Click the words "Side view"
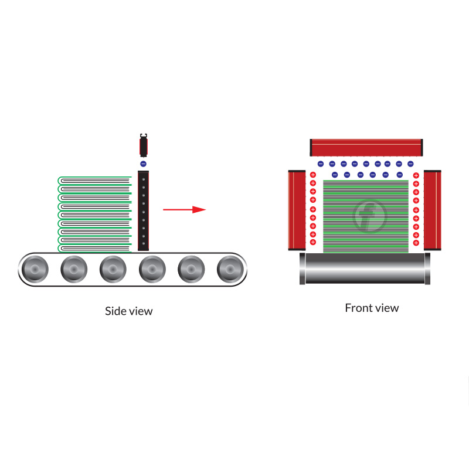[128, 311]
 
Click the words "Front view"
[372, 308]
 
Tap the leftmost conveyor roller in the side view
[34, 270]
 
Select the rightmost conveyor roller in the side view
[230, 270]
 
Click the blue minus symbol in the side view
[143, 164]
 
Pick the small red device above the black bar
[143, 145]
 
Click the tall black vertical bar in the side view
[143, 210]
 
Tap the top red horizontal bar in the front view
[366, 147]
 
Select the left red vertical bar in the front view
[297, 210]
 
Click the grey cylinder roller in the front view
[365, 269]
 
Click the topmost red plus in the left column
[312, 175]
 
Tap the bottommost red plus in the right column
[416, 243]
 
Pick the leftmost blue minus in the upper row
[320, 164]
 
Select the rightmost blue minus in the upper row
[410, 164]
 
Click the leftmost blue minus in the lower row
[335, 175]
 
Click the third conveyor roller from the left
[113, 270]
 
